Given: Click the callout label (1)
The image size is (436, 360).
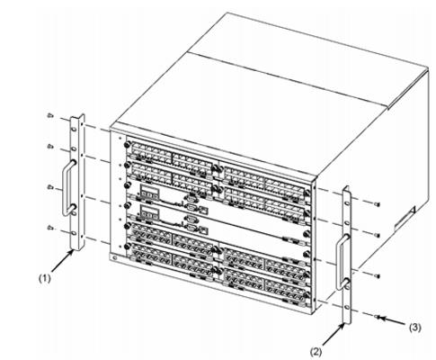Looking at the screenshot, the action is coord(45,278).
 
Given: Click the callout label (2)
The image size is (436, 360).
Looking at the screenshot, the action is coord(316,352).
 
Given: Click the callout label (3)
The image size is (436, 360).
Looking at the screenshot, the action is coord(415,328).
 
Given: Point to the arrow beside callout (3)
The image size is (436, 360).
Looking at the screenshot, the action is coord(393,320).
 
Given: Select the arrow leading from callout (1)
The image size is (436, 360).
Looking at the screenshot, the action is coord(63,261).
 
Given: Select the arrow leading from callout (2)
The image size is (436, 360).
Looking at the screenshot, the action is coord(334,335).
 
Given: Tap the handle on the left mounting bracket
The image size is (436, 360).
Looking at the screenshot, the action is coord(67,187).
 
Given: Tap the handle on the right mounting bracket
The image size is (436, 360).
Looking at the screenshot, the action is coord(342,261).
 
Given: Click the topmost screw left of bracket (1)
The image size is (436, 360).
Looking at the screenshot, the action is coord(50,115).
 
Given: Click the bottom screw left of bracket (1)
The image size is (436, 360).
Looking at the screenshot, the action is coord(50,228).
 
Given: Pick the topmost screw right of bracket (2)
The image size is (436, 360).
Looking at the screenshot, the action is coord(378,204).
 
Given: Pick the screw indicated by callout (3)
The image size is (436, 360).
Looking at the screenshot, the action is coord(378,317).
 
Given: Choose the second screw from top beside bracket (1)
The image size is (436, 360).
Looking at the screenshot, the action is coord(50,147).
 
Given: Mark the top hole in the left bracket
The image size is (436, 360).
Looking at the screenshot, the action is coord(74,129).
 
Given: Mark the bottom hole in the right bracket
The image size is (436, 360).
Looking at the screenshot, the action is coord(347,307).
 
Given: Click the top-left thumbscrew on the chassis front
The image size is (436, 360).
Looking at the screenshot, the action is coord(127,145).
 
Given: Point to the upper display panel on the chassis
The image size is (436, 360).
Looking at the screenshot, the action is coord(149,191).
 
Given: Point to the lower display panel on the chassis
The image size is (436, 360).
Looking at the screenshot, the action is coord(149,211).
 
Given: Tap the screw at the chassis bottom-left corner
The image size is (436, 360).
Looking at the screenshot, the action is coord(114,257).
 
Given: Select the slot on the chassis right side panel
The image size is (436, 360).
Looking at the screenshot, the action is coord(405,219).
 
